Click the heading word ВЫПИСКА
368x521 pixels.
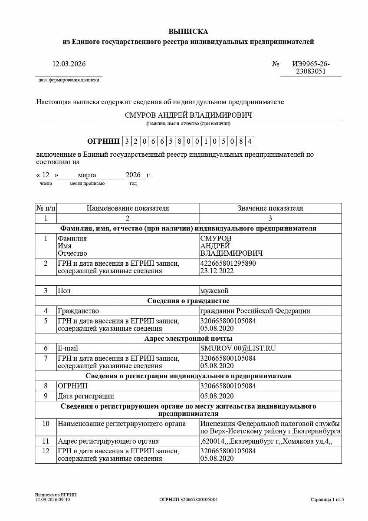click(x=188, y=31)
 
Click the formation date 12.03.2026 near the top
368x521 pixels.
click(x=69, y=64)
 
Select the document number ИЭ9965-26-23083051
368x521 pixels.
click(x=311, y=68)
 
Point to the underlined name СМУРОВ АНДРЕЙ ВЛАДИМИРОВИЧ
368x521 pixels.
click(x=188, y=115)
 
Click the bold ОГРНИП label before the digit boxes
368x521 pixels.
click(x=103, y=141)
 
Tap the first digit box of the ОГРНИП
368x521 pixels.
click(x=127, y=141)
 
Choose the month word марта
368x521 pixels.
click(x=87, y=175)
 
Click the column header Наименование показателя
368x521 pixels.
click(x=128, y=208)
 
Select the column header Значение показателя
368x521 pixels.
click(x=270, y=208)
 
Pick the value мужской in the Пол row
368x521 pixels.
click(x=214, y=290)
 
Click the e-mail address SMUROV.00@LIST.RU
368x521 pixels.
click(x=238, y=348)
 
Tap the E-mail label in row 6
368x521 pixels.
click(x=68, y=348)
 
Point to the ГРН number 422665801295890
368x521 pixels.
click(x=228, y=264)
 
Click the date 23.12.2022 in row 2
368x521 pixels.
click(x=217, y=271)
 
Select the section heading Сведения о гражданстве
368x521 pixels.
click(x=188, y=300)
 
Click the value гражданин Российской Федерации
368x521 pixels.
click(x=255, y=311)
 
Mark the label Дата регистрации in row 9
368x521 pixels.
click(x=86, y=396)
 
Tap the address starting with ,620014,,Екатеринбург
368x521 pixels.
click(x=266, y=442)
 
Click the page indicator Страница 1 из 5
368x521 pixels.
click(x=327, y=500)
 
